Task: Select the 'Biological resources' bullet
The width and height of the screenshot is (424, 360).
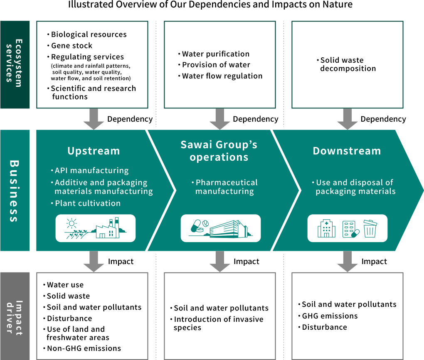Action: (x=89, y=34)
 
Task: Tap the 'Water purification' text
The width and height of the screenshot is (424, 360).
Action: (x=215, y=54)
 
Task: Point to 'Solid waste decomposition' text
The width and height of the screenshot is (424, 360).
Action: (x=348, y=64)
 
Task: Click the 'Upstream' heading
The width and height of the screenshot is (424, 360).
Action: (x=94, y=151)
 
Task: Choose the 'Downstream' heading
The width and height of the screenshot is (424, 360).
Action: (x=347, y=151)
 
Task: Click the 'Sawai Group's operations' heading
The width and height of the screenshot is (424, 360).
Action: (x=219, y=151)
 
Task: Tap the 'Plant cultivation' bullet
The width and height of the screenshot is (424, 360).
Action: (x=87, y=203)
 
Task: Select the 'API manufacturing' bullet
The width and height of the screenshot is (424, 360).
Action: (x=91, y=171)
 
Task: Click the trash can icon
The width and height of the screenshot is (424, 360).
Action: (x=370, y=229)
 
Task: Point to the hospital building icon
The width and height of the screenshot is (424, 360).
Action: (x=326, y=229)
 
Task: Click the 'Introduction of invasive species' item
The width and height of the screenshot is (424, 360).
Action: (x=218, y=323)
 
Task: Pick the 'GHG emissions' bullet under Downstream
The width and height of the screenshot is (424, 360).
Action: (x=330, y=316)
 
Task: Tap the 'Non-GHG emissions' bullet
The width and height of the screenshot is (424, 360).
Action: (x=84, y=348)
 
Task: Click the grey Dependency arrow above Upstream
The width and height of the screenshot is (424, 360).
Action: (x=94, y=119)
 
